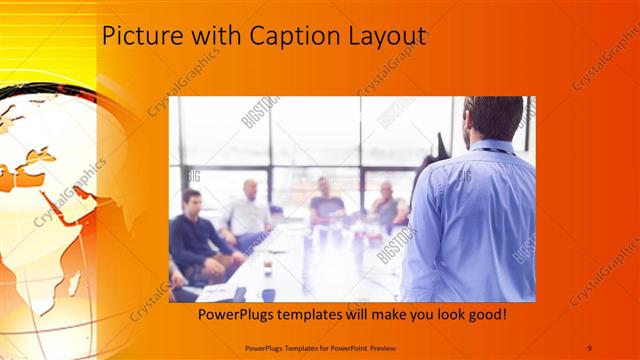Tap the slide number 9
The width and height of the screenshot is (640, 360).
click(x=589, y=346)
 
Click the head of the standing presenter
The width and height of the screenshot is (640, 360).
click(x=493, y=118)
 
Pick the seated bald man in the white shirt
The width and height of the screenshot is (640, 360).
click(x=249, y=210)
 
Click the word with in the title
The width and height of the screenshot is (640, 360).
click(x=200, y=37)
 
